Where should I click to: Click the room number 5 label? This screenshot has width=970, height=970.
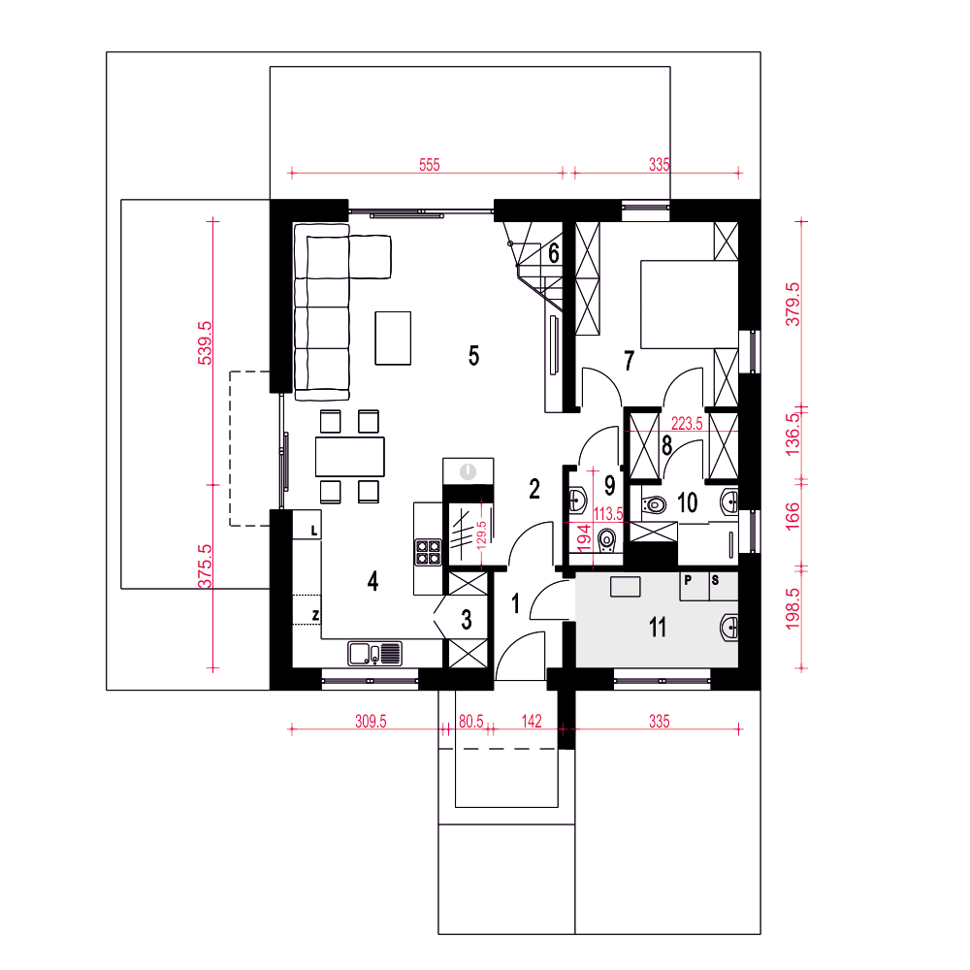(474, 356)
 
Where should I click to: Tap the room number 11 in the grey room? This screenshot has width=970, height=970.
(658, 628)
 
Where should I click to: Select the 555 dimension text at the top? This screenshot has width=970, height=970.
(430, 165)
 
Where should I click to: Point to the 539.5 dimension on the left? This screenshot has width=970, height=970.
(205, 342)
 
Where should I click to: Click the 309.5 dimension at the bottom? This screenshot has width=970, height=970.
(371, 722)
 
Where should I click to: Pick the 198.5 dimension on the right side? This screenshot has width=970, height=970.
(792, 609)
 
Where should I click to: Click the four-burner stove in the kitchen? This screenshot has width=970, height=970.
(428, 553)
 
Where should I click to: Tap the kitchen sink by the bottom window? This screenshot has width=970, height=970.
(374, 654)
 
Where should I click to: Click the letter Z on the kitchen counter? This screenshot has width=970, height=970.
(315, 616)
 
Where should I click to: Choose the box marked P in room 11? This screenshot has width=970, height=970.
(695, 587)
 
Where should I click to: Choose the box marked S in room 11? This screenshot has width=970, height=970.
(724, 587)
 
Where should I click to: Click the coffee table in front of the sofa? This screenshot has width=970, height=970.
(393, 339)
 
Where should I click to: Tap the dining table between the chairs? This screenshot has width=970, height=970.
(350, 457)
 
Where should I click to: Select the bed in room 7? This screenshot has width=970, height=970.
(689, 305)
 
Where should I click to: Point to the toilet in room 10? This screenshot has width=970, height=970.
(653, 504)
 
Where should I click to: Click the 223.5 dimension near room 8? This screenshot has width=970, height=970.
(687, 424)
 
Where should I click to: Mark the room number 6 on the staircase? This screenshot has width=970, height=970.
(554, 253)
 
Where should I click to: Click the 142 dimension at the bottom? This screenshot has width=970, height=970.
(532, 722)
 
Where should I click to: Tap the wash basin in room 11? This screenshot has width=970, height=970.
(729, 628)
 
